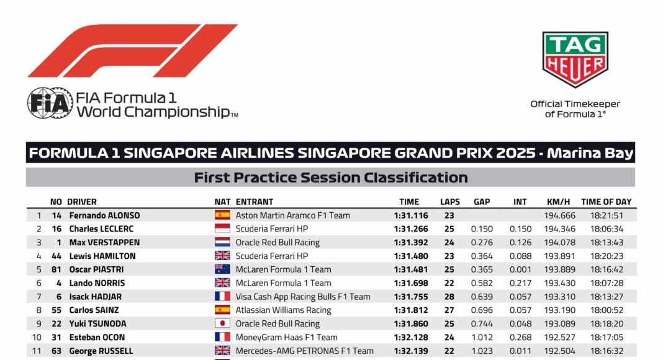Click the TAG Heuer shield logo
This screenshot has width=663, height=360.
575,59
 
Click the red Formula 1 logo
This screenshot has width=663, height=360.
132,51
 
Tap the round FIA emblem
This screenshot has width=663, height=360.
50,103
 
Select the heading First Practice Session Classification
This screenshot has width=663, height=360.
331,178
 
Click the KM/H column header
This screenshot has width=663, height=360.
558,202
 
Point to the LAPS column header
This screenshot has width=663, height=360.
450,202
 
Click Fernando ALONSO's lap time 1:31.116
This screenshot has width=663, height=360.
411,215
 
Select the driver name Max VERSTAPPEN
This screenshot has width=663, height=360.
104,243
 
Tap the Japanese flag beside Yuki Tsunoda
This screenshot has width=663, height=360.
222,323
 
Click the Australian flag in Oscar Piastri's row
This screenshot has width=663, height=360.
222,269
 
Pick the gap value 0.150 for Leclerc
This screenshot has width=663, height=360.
482,229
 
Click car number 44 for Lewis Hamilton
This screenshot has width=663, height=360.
56,256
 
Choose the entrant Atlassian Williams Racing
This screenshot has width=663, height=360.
283,310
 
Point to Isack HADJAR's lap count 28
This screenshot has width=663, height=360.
449,297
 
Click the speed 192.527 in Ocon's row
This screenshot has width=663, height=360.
559,337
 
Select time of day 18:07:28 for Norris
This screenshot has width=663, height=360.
607,283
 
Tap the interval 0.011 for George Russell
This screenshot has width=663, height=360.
520,351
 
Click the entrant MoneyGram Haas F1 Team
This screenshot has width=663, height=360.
286,337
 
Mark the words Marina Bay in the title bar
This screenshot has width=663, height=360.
590,153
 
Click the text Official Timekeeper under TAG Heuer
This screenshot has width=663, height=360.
575,104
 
